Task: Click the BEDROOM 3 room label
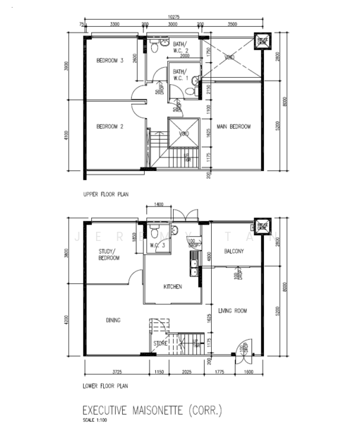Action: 110,61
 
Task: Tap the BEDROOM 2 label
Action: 110,126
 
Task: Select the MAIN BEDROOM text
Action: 234,126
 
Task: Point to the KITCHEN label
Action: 173,286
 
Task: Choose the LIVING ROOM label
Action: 232,310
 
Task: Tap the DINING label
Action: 113,320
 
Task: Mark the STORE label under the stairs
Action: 160,344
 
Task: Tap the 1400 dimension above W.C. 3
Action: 157,204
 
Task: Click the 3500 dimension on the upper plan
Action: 232,24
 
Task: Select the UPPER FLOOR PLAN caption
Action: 106,193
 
